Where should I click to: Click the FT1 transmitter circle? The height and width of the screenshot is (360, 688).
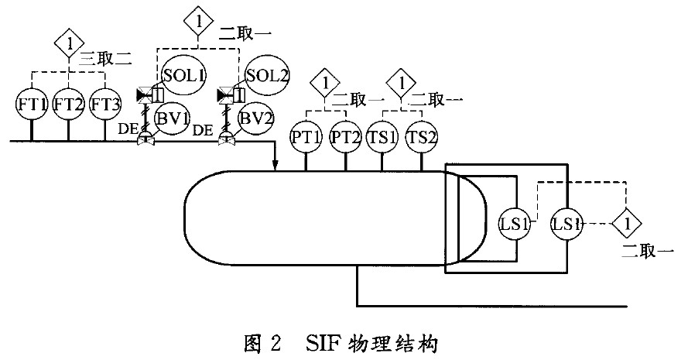click(32, 104)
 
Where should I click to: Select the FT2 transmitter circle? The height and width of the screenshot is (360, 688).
click(68, 104)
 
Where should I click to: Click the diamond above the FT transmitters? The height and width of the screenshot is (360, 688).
click(69, 43)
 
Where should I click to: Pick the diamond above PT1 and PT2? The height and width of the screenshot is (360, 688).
click(326, 81)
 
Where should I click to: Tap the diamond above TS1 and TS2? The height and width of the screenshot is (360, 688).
click(402, 81)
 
